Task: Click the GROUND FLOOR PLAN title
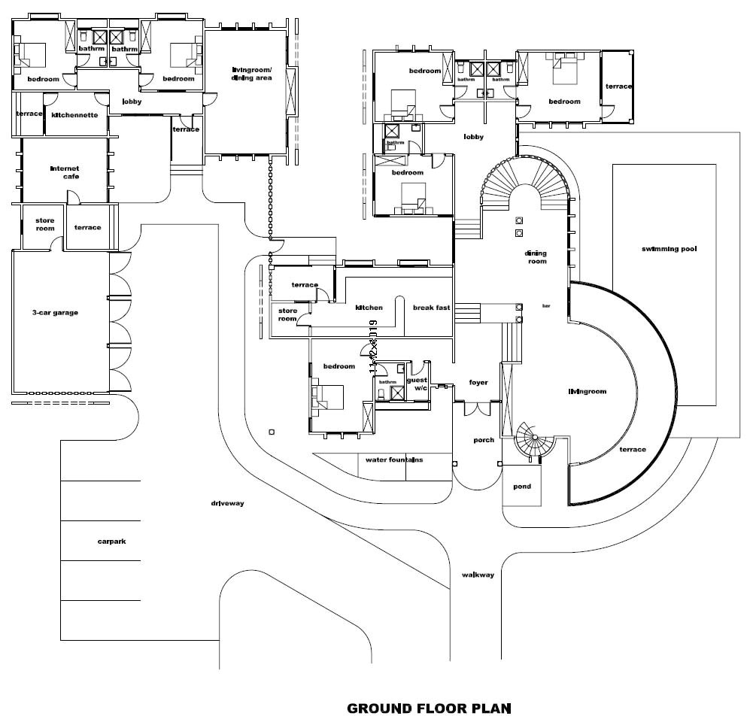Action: pyautogui.click(x=429, y=708)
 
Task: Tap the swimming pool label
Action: pyautogui.click(x=669, y=249)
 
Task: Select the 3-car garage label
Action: pyautogui.click(x=55, y=313)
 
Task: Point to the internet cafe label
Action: pyautogui.click(x=65, y=172)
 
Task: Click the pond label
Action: pyautogui.click(x=522, y=487)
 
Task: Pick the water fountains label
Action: pyautogui.click(x=394, y=460)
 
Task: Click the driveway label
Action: pyautogui.click(x=228, y=503)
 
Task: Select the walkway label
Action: pyautogui.click(x=478, y=575)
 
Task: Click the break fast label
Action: pyautogui.click(x=431, y=308)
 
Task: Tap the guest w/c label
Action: pyautogui.click(x=417, y=384)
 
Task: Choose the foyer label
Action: pyautogui.click(x=478, y=382)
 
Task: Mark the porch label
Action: pyautogui.click(x=484, y=440)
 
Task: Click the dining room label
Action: pyautogui.click(x=536, y=257)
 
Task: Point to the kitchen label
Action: pyautogui.click(x=369, y=308)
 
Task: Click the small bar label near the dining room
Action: pyautogui.click(x=546, y=306)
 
